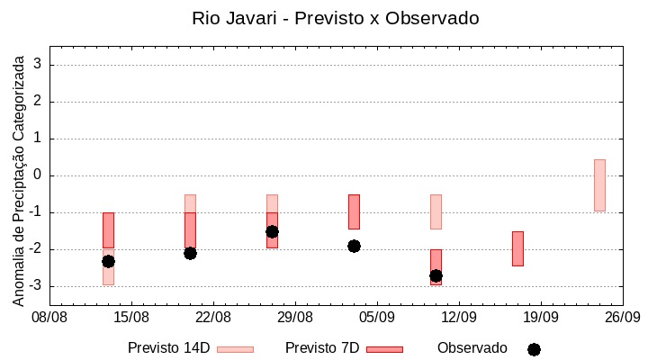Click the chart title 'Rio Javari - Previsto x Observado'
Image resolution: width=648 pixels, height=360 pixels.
coord(335,18)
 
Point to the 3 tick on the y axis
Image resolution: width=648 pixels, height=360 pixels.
coord(39,65)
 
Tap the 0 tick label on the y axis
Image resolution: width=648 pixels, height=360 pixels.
coord(39,175)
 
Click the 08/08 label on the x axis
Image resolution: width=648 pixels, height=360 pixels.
coord(50,318)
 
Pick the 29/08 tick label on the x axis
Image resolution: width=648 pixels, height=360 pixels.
coord(295,318)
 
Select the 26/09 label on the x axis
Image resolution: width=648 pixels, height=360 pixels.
coord(622,318)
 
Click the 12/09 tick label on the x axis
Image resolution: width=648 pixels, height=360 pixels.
coord(459,318)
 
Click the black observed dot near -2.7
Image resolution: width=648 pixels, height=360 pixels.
coord(436,275)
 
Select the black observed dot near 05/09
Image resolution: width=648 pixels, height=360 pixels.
coord(354,246)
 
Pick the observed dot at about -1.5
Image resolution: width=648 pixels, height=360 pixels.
coord(272,231)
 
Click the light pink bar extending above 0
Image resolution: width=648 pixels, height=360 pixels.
coord(599,184)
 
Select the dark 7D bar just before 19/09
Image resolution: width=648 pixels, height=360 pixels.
coord(517,248)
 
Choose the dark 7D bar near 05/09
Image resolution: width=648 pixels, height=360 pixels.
coord(354,211)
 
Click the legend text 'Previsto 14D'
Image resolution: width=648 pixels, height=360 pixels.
coord(168,348)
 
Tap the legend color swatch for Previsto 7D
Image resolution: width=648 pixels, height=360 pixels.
coord(384,349)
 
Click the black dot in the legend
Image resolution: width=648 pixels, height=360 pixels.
coord(534,349)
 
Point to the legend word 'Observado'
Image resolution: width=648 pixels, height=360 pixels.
coord(472,348)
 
